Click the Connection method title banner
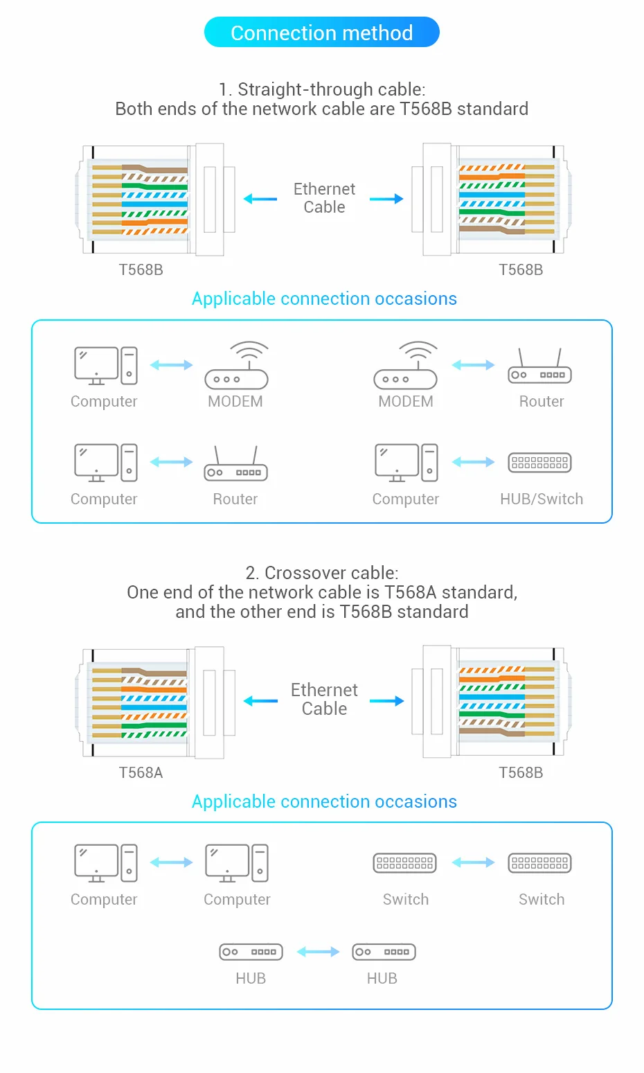[321, 33]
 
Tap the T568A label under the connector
[141, 772]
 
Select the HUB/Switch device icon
[539, 462]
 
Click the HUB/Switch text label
[541, 499]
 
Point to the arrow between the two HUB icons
[318, 952]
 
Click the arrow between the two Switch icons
[473, 862]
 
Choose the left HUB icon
[251, 952]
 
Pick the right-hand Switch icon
[539, 862]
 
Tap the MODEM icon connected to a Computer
[236, 366]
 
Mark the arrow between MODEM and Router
[473, 365]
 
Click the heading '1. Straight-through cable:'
[321, 89]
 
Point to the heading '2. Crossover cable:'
[321, 573]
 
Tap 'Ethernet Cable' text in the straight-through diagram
[323, 198]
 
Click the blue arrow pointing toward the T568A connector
[260, 701]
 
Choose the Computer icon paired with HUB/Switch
[406, 463]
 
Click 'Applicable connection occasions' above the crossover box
[324, 801]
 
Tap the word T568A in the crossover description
[411, 592]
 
